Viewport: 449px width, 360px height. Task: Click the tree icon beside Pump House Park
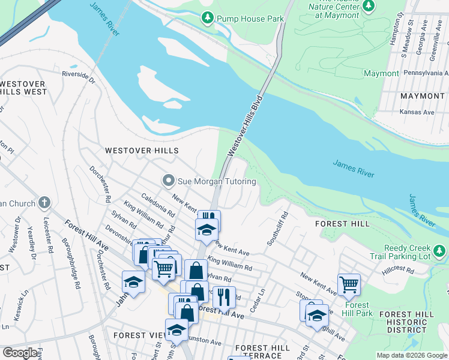click(208, 19)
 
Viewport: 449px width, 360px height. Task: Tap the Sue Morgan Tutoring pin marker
click(169, 181)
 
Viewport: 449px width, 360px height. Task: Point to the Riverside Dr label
click(79, 76)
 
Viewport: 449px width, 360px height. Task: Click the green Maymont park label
click(381, 73)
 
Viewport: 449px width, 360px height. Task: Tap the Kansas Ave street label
click(417, 112)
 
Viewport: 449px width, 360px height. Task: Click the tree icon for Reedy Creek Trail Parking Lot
click(439, 250)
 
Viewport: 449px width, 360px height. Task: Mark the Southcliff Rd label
click(278, 228)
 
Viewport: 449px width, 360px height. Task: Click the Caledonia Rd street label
click(158, 205)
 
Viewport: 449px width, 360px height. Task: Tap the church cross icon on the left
click(44, 203)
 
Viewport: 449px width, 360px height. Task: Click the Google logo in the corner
click(20, 353)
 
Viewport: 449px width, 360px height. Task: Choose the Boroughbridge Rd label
click(71, 264)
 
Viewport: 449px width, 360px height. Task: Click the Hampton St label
click(394, 35)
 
